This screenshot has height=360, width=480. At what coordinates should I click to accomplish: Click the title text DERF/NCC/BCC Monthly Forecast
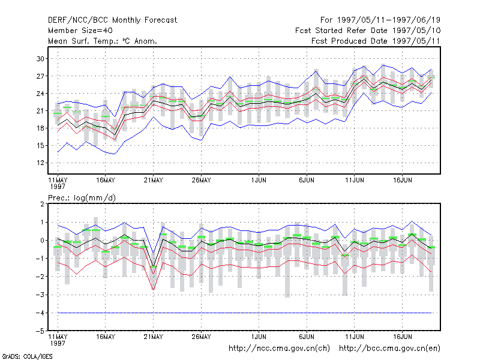pyautogui.click(x=112, y=20)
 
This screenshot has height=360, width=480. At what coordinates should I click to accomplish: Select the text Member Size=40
pyautogui.click(x=80, y=31)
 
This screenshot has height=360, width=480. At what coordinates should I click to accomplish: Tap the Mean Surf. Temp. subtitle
pyautogui.click(x=103, y=41)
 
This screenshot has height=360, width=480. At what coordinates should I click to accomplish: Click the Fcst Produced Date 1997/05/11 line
pyautogui.click(x=376, y=41)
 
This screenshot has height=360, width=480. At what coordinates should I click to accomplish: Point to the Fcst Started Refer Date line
pyautogui.click(x=368, y=31)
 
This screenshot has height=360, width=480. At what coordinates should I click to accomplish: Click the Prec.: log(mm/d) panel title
pyautogui.click(x=82, y=198)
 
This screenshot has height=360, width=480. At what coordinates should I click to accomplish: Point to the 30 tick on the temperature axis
pyautogui.click(x=40, y=58)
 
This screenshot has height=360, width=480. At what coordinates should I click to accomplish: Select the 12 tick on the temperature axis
pyautogui.click(x=40, y=163)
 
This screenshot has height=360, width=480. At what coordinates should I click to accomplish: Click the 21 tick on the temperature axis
pyautogui.click(x=40, y=110)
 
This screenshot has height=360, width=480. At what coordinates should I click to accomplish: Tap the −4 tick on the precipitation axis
pyautogui.click(x=40, y=313)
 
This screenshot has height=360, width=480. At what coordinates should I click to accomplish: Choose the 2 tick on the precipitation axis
pyautogui.click(x=42, y=204)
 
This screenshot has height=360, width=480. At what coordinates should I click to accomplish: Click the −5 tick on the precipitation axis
pyautogui.click(x=40, y=331)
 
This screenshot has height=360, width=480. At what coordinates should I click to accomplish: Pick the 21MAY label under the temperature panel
pyautogui.click(x=154, y=181)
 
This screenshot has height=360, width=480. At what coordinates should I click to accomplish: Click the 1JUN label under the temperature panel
pyautogui.click(x=259, y=181)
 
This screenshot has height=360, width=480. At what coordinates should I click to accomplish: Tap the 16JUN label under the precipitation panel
pyautogui.click(x=402, y=337)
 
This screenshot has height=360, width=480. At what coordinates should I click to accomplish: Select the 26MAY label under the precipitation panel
pyautogui.click(x=201, y=337)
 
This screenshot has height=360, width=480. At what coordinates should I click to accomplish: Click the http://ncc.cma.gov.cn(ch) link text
pyautogui.click(x=279, y=349)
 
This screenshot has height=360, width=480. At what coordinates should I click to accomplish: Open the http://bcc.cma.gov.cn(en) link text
pyautogui.click(x=389, y=349)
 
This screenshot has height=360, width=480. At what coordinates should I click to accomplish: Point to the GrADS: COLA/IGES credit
pyautogui.click(x=27, y=356)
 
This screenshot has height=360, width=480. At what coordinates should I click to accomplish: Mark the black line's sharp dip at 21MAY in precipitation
pyautogui.click(x=154, y=266)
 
